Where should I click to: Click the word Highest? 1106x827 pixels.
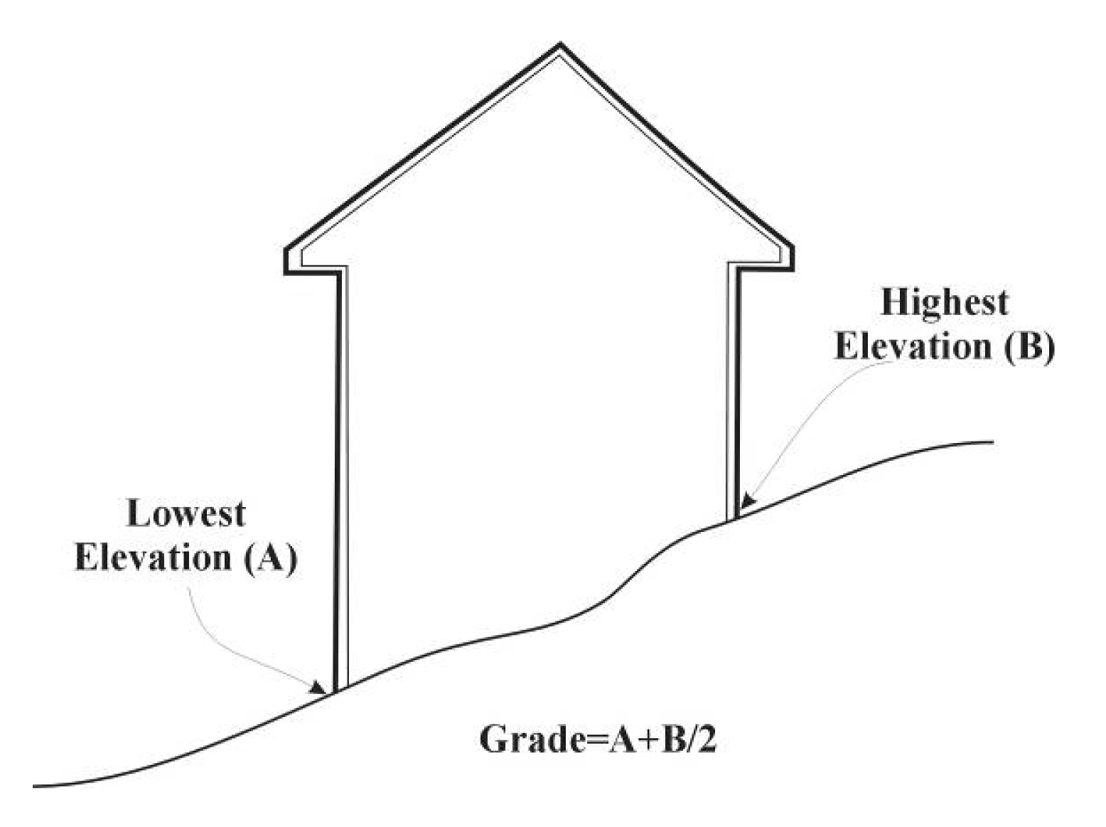pyautogui.click(x=944, y=302)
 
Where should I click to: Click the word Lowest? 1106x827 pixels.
pyautogui.click(x=186, y=513)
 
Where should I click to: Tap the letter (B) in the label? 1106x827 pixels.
pyautogui.click(x=1030, y=347)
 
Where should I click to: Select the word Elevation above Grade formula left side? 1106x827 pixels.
pyautogui.click(x=153, y=557)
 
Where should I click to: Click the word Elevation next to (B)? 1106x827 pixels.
pyautogui.click(x=913, y=347)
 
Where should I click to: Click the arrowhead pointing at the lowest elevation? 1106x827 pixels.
pyautogui.click(x=318, y=687)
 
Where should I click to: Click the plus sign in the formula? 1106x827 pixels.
pyautogui.click(x=635, y=740)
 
